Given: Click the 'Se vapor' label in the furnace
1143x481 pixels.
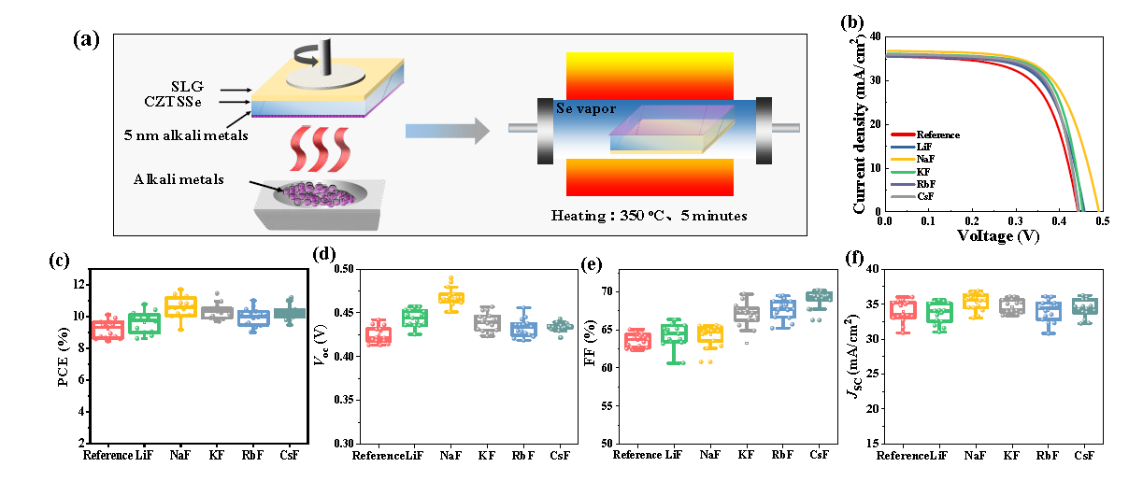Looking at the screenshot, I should coord(586,108).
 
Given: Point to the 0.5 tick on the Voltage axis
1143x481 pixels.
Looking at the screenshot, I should coord(1102,223).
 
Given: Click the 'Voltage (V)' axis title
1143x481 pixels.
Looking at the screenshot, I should coord(992,237).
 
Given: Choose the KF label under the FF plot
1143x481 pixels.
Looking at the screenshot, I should coord(746,455).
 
